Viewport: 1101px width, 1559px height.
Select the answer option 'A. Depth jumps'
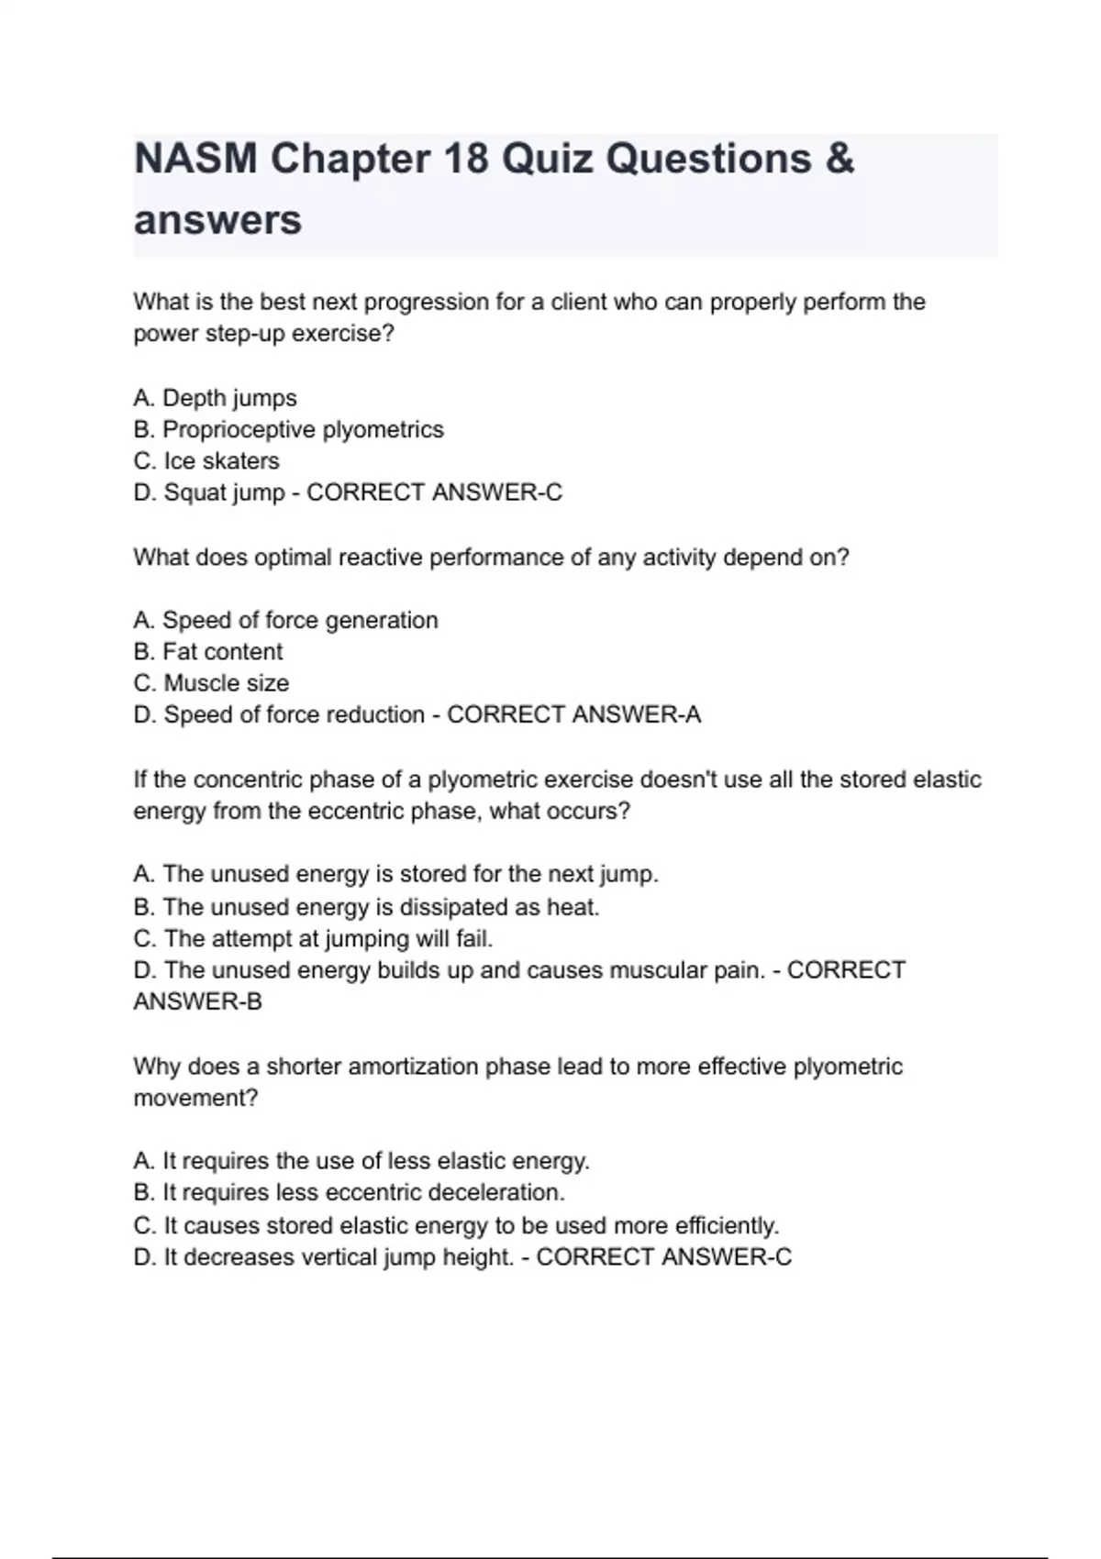click(x=215, y=398)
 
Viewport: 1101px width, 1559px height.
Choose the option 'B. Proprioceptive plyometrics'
click(x=288, y=429)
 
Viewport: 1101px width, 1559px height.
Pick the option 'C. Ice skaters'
click(x=206, y=460)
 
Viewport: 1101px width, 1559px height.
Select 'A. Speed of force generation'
click(x=285, y=620)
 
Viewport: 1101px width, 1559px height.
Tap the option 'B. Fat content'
click(x=208, y=651)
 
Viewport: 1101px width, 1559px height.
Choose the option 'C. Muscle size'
click(x=211, y=683)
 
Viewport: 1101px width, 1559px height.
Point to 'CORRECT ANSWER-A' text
click(x=573, y=714)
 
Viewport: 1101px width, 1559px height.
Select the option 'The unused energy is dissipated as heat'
click(x=366, y=907)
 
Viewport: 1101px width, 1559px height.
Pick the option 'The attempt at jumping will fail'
click(x=313, y=939)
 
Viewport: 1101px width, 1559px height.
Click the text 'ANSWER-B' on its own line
click(x=197, y=1001)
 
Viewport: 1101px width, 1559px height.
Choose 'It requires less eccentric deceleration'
click(x=349, y=1192)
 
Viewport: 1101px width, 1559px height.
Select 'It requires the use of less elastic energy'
click(x=361, y=1161)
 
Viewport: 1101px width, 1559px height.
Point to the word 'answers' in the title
click(x=217, y=220)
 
